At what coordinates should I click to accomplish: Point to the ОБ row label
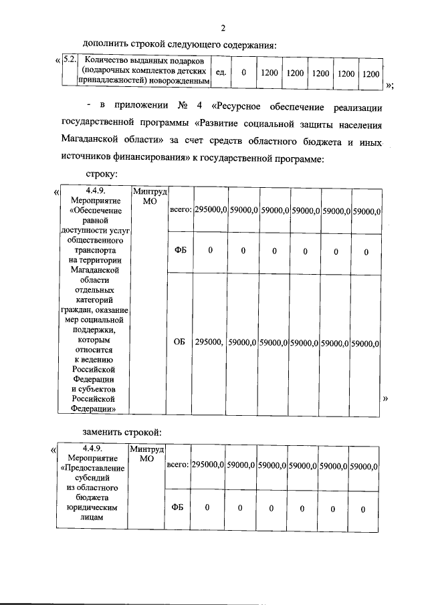click(x=179, y=343)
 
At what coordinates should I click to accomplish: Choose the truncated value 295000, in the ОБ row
click(x=209, y=343)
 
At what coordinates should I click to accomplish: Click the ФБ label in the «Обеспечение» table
click(x=179, y=251)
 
